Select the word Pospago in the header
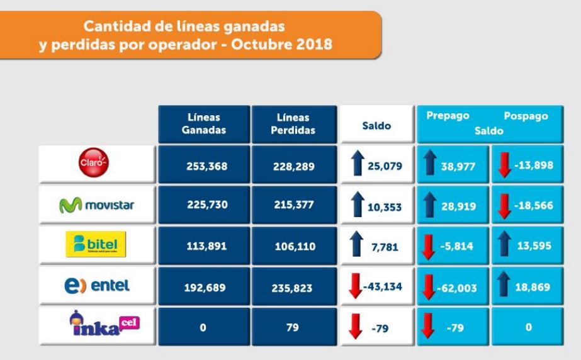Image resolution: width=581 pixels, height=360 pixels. [x=526, y=117]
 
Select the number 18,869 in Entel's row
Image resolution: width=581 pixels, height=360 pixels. [x=533, y=287]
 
